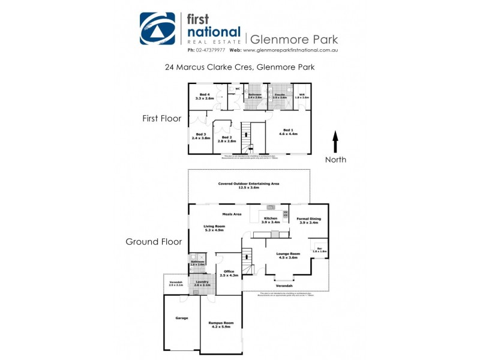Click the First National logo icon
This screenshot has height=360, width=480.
158,28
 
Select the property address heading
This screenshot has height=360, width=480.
240,67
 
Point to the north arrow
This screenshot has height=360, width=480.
335,142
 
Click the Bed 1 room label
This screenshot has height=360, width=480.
288,132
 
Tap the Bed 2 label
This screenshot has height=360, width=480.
227,139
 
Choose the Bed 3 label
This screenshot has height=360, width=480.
201,136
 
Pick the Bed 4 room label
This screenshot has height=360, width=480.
205,97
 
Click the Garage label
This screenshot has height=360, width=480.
181,318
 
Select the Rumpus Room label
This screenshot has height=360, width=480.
220,325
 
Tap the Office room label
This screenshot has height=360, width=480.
228,273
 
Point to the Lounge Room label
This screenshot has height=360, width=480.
287,256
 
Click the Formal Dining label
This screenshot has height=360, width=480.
310,220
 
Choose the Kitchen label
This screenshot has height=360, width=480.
271,220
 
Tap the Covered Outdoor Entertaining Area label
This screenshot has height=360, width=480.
249,185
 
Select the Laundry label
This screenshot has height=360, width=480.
203,283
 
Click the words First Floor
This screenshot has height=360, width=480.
161,119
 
